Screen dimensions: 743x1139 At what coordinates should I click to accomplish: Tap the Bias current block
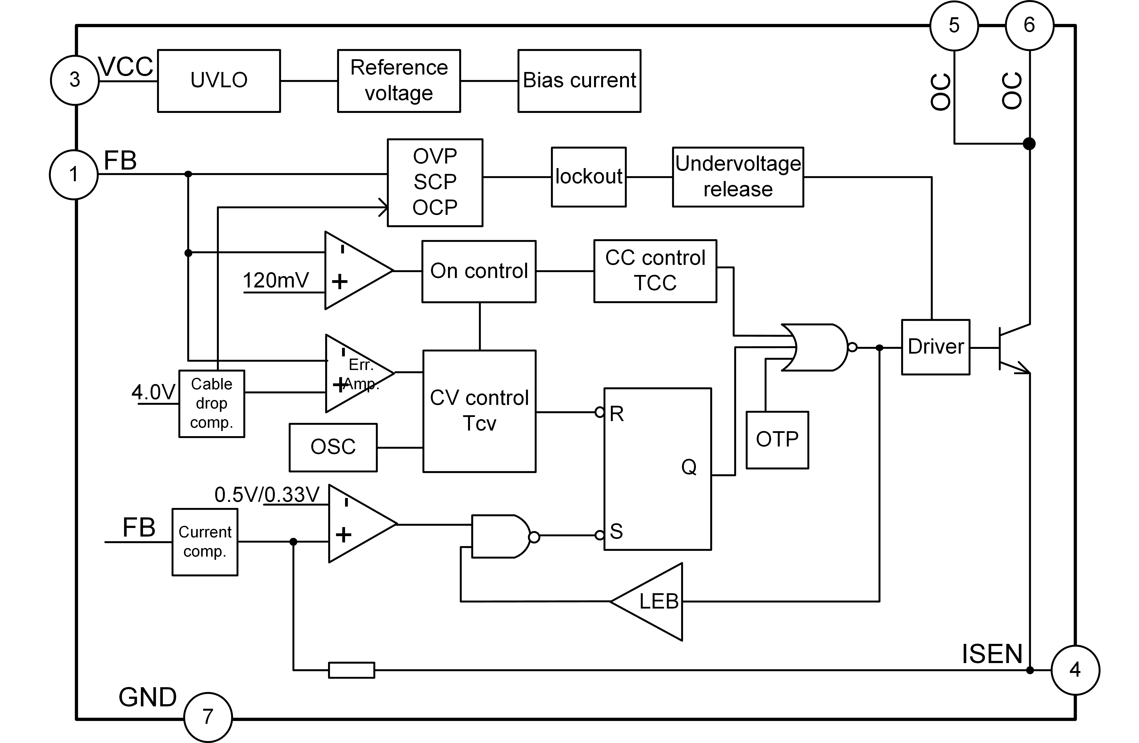[580, 81]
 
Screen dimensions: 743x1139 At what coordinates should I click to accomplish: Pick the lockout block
[589, 177]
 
